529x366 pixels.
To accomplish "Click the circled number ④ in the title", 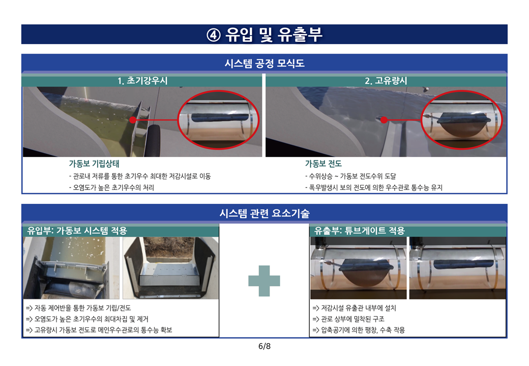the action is point(213,35).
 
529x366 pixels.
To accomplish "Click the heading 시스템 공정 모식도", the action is point(264,64).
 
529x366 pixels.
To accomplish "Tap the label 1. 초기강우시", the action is point(142,81).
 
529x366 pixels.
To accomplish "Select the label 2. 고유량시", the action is point(386,81).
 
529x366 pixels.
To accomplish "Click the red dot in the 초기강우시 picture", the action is point(133,119).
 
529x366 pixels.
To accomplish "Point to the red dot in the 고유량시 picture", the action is point(384,119).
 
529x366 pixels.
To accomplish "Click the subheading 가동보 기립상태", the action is point(94,164).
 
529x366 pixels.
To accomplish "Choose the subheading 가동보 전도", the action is point(323,164).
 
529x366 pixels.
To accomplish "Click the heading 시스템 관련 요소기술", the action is point(264,213).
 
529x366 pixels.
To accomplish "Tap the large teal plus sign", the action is point(264,281).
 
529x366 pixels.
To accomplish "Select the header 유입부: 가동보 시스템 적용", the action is point(77,231).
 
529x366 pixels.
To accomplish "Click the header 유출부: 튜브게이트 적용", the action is point(359,231).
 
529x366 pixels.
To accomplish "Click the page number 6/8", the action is point(264,346).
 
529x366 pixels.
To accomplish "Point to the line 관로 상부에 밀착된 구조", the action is point(348,319).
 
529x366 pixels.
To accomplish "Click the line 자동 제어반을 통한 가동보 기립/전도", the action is point(78,308).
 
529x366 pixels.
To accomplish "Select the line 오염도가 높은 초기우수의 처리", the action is point(112,188).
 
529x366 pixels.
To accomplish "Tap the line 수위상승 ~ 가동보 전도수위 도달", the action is point(350,176).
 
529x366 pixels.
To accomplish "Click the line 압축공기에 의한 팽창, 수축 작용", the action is point(359,330).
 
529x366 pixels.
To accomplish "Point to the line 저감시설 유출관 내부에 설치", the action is point(354,308).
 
